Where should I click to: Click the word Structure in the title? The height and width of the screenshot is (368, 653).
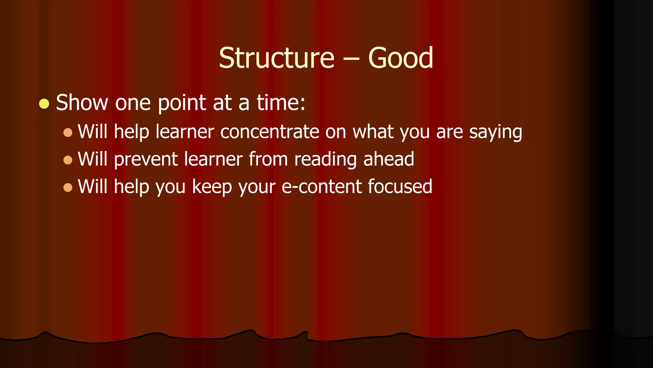point(276,58)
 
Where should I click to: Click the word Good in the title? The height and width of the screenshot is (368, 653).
point(400,58)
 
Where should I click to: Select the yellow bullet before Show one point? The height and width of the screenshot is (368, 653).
point(44,104)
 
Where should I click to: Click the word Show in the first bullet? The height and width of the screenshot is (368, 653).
point(82,103)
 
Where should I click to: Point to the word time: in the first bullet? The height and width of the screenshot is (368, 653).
point(281,103)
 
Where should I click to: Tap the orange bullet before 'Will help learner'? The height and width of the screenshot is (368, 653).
point(68,132)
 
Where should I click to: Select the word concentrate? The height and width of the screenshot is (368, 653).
point(269,132)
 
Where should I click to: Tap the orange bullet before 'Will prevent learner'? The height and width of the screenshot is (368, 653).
point(68,160)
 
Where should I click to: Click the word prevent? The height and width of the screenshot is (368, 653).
point(146,159)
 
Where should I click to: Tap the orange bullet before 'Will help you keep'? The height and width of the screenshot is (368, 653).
point(68,187)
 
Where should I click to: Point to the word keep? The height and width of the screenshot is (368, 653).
point(212,187)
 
